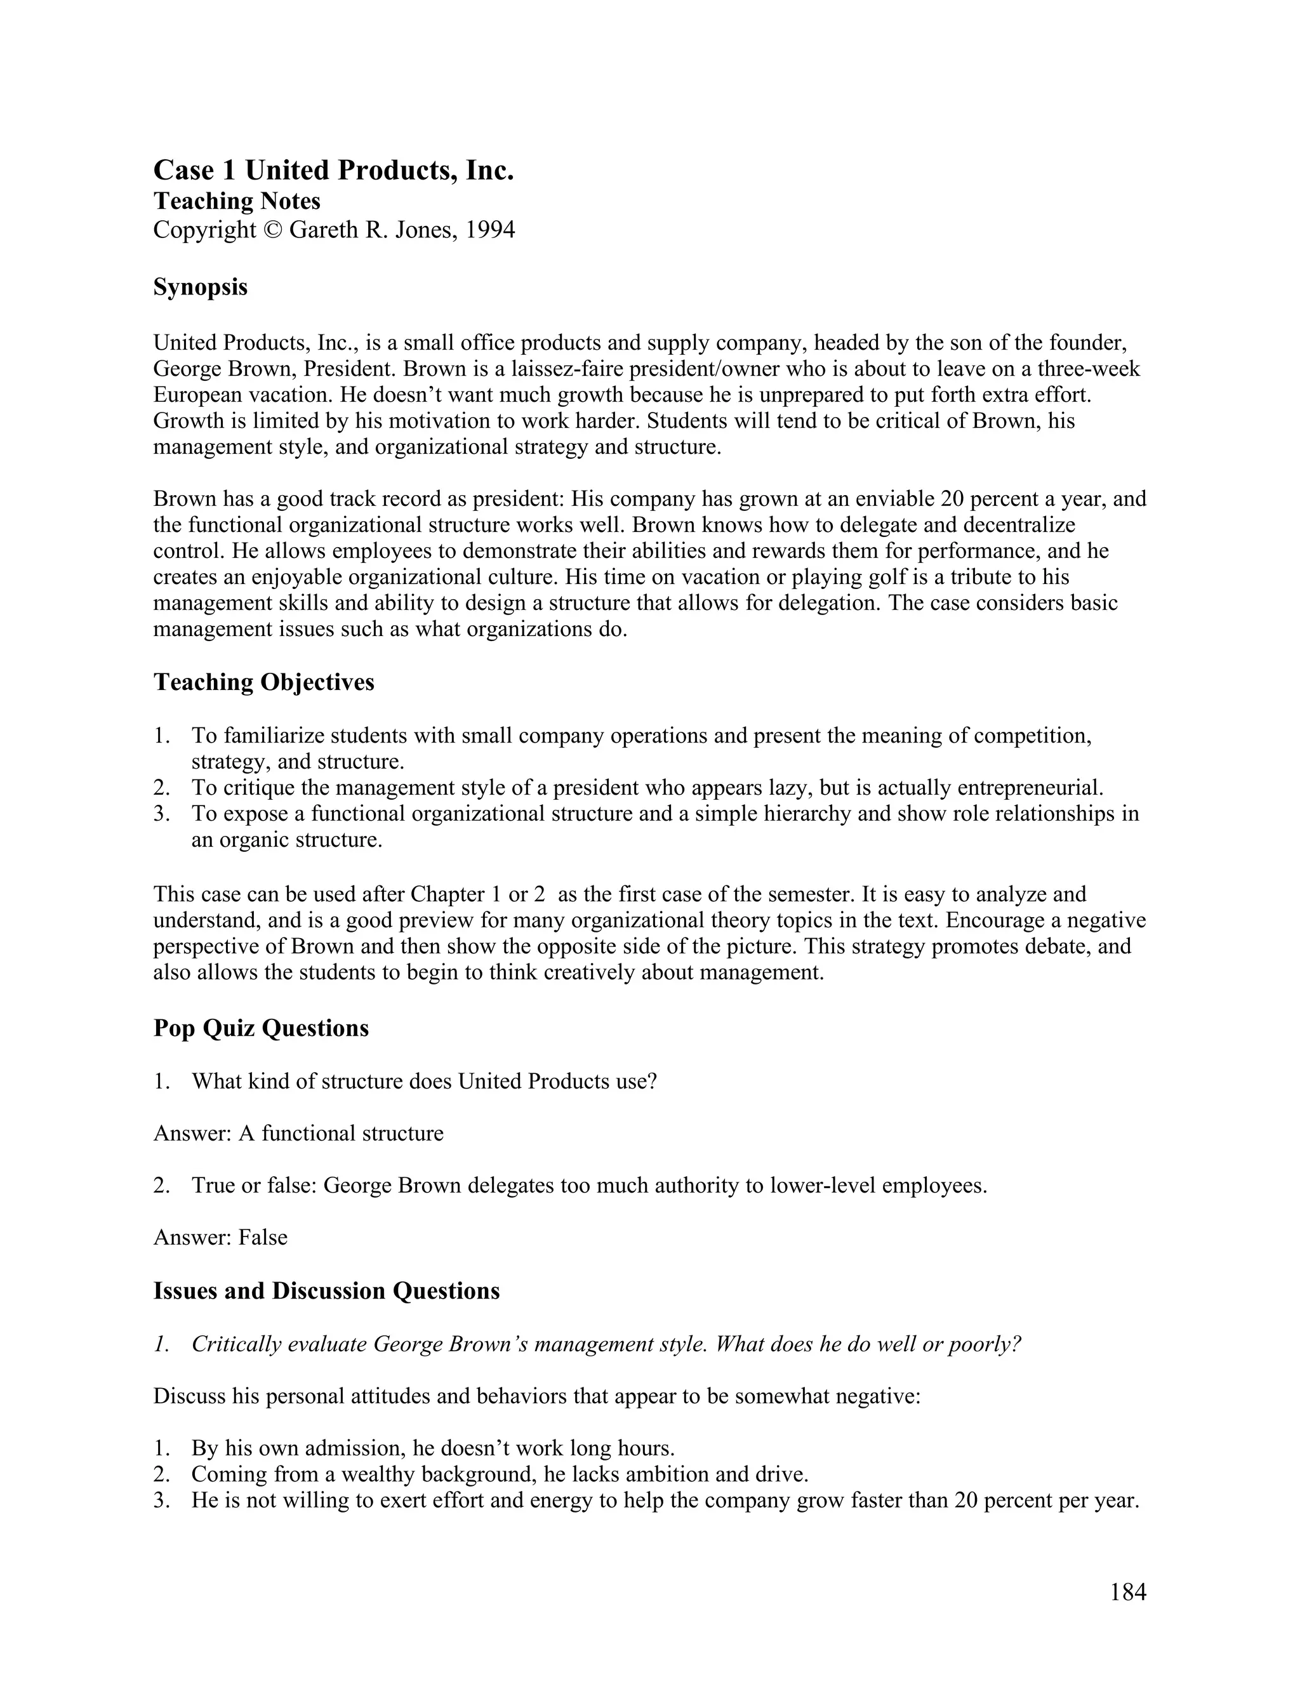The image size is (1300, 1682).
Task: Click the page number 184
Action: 1127,1592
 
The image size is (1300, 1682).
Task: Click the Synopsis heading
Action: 200,288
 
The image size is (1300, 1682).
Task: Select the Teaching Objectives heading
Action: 263,682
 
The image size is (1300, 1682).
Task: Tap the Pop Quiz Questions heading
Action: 261,1028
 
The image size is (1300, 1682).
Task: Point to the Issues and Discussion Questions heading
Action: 326,1291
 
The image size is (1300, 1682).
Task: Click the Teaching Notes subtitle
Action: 236,201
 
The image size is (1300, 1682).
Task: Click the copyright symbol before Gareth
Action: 272,230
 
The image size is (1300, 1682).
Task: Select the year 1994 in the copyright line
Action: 490,230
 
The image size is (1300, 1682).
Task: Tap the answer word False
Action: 263,1238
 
